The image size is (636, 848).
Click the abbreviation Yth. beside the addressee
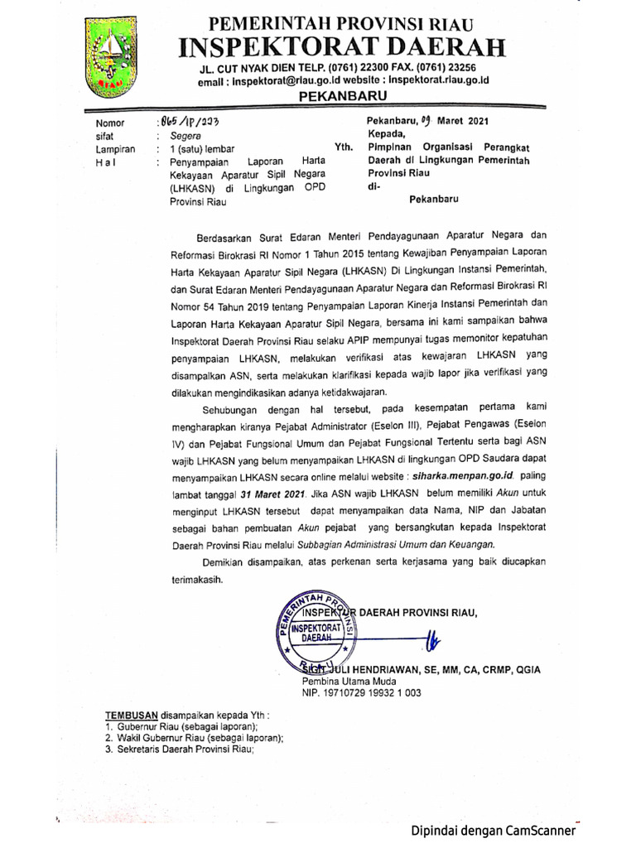(x=343, y=147)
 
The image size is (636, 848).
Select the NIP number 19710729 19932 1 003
(x=361, y=693)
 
